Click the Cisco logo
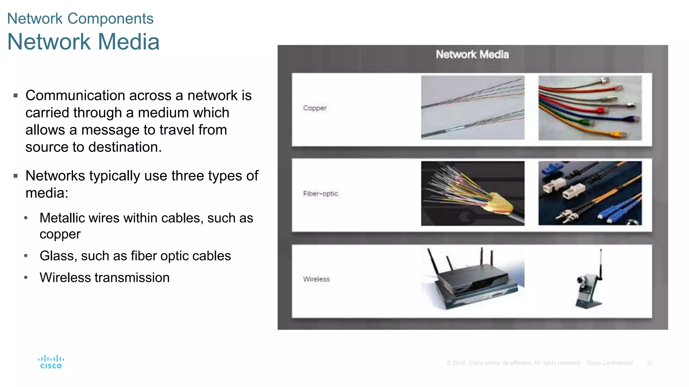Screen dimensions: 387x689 (x=51, y=362)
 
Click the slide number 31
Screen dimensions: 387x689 (x=650, y=363)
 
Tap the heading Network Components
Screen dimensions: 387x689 (x=80, y=18)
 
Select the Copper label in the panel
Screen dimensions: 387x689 (x=315, y=108)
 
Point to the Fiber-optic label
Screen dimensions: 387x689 (x=320, y=193)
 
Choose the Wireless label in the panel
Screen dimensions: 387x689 (x=316, y=279)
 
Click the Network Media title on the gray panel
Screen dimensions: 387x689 (x=472, y=54)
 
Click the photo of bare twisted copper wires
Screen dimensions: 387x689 (x=472, y=107)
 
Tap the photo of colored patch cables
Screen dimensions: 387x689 (x=590, y=107)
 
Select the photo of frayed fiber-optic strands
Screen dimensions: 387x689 (x=472, y=193)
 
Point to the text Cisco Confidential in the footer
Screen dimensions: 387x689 (x=609, y=363)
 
